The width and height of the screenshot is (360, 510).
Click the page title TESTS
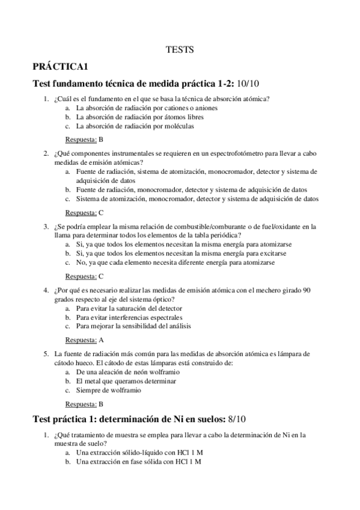180,51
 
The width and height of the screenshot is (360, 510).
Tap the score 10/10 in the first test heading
252,83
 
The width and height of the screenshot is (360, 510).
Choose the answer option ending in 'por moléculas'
135,126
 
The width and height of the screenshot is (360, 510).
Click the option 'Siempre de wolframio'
109,390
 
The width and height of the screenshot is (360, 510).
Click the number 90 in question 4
306,290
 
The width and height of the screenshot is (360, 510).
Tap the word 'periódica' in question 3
218,235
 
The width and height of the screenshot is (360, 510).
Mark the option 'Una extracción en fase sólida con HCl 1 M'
138,461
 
